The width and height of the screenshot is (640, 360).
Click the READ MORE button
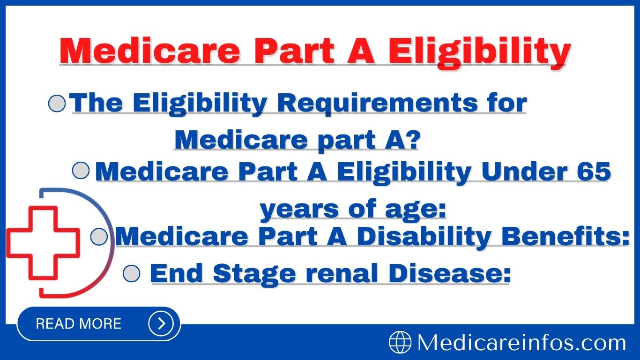point(79,323)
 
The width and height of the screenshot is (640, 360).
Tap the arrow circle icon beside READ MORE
point(161,323)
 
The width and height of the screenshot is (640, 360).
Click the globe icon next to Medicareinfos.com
point(400,343)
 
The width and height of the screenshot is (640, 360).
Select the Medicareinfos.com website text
point(521,343)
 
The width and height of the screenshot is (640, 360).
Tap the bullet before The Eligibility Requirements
point(57,104)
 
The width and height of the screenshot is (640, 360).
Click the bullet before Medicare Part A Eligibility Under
point(81,171)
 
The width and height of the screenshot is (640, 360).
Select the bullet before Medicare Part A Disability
point(99,237)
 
